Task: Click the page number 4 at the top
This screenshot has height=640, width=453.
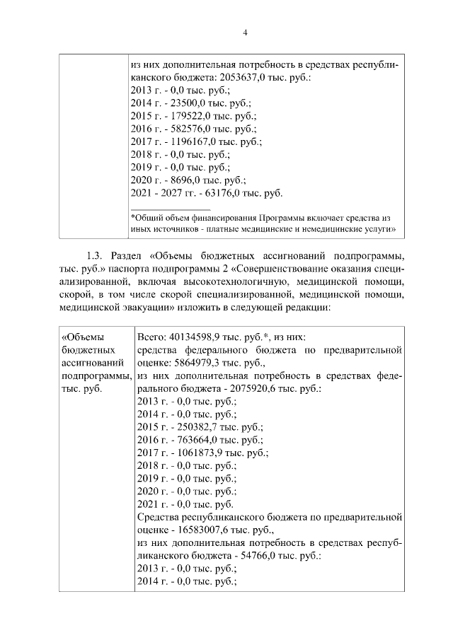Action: point(226,33)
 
